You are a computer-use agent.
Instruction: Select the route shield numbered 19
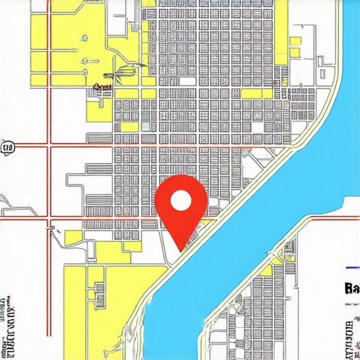pos(8,147)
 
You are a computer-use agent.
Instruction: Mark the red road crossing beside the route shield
pos(49,146)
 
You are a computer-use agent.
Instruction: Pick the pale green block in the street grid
pos(145,127)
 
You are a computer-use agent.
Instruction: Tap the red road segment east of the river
pos(330,215)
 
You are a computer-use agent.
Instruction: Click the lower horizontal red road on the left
pos(28,219)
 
